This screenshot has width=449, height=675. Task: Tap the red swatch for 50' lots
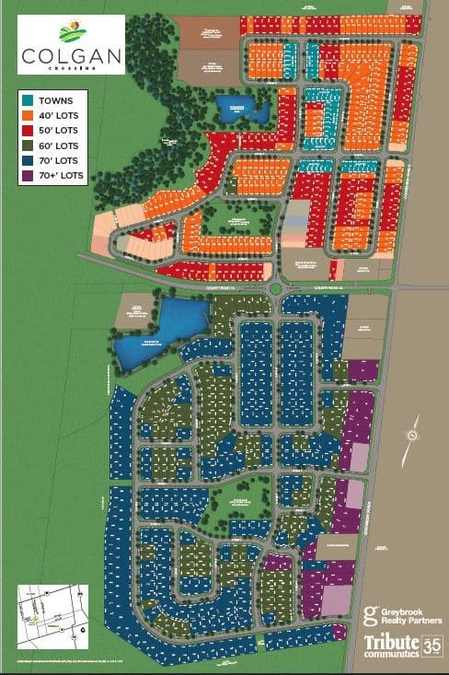[29, 129]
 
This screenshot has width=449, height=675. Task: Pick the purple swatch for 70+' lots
[29, 175]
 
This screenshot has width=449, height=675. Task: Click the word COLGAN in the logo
[71, 55]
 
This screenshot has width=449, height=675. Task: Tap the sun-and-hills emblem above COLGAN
[71, 33]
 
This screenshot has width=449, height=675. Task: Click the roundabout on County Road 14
[276, 289]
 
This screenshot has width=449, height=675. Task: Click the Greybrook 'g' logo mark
[371, 614]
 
